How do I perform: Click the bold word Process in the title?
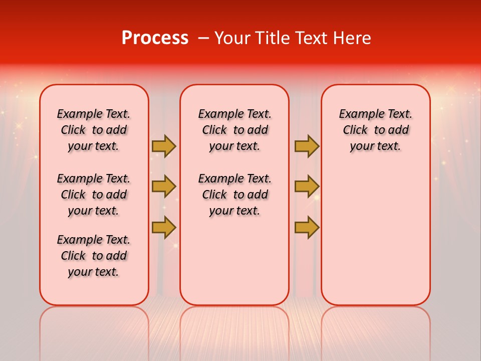(155, 38)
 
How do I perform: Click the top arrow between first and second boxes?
(164, 146)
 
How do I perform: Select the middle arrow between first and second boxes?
(164, 187)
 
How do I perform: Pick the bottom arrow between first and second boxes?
(164, 227)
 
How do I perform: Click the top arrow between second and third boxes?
(307, 146)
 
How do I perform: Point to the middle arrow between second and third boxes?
(307, 187)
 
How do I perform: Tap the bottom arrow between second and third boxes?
(307, 227)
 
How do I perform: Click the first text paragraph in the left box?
(94, 130)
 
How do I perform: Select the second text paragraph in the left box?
(94, 195)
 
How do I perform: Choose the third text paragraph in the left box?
(94, 256)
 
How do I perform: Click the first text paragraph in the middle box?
(234, 130)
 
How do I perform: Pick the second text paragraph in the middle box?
(234, 195)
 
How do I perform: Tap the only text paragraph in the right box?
(375, 130)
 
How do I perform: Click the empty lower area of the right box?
(375, 236)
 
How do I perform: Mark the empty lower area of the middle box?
(234, 261)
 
